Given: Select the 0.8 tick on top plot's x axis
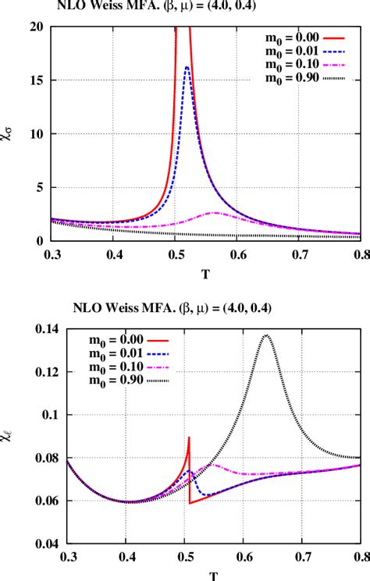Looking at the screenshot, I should click(x=359, y=254).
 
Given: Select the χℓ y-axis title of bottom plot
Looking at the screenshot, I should click(x=9, y=431).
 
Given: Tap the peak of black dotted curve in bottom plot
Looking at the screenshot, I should click(x=267, y=335).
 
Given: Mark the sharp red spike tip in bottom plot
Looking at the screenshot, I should click(x=190, y=438).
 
